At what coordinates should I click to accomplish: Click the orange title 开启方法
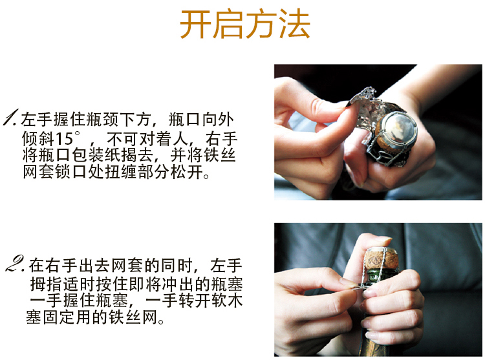point(244,25)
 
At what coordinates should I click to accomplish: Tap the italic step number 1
point(11,118)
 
